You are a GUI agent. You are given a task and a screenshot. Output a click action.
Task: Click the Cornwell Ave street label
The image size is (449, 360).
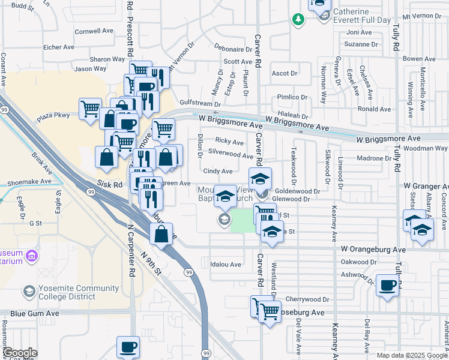click(94, 31)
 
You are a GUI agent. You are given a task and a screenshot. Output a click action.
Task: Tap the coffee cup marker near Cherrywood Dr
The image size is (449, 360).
click(388, 286)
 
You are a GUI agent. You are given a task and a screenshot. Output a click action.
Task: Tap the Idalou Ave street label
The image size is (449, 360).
click(226, 264)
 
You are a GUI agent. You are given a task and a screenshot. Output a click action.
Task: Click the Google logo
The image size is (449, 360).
click(20, 353)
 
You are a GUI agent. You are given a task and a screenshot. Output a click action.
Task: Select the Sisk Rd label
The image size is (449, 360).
click(109, 186)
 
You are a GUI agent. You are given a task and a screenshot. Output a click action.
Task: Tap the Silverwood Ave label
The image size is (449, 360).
click(230, 155)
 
